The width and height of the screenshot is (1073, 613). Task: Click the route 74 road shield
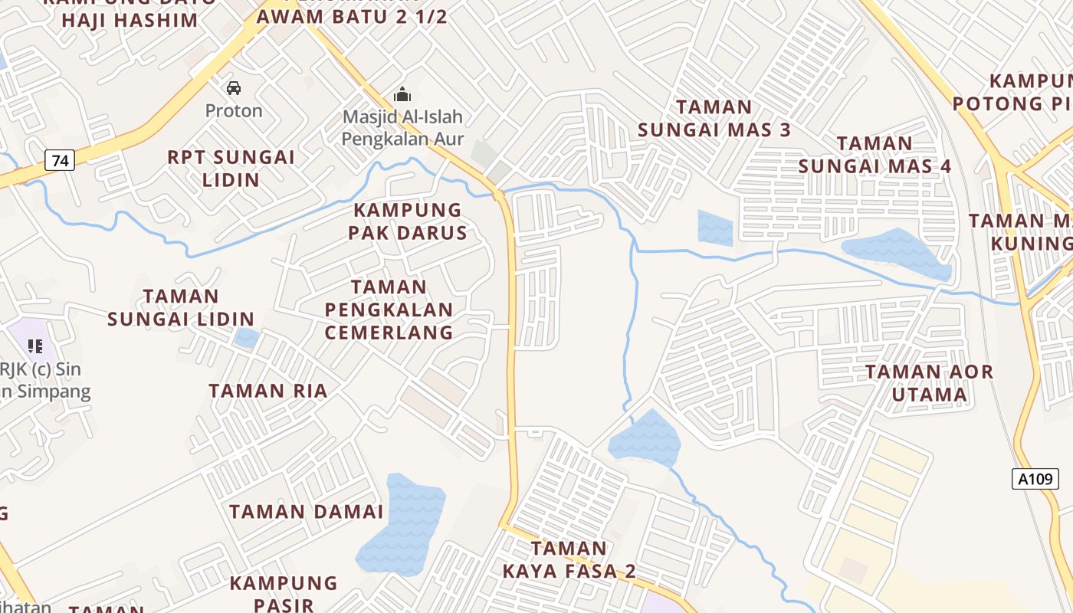60,161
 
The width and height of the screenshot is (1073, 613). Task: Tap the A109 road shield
1035,480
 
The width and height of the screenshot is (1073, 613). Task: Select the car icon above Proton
234,88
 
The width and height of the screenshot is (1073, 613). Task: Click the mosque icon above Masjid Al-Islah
402,95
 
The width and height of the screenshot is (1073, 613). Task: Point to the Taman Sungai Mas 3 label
714,118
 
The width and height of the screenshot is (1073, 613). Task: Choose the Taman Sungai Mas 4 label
874,155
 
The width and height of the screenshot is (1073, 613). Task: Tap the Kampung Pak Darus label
408,221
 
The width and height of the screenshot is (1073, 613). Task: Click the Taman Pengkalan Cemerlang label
389,310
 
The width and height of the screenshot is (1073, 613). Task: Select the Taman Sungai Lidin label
181,307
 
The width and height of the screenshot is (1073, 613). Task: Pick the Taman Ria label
268,391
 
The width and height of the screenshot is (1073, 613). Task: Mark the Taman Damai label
306,512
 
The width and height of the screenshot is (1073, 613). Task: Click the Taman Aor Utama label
929,383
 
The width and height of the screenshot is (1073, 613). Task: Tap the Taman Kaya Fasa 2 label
569,559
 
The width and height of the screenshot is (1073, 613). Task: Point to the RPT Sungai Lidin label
231,169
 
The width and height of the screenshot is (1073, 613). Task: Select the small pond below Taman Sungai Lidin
246,338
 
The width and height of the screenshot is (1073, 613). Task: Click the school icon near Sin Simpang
34,346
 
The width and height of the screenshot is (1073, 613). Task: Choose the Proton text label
234,111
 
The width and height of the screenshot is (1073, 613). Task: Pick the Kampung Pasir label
284,593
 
